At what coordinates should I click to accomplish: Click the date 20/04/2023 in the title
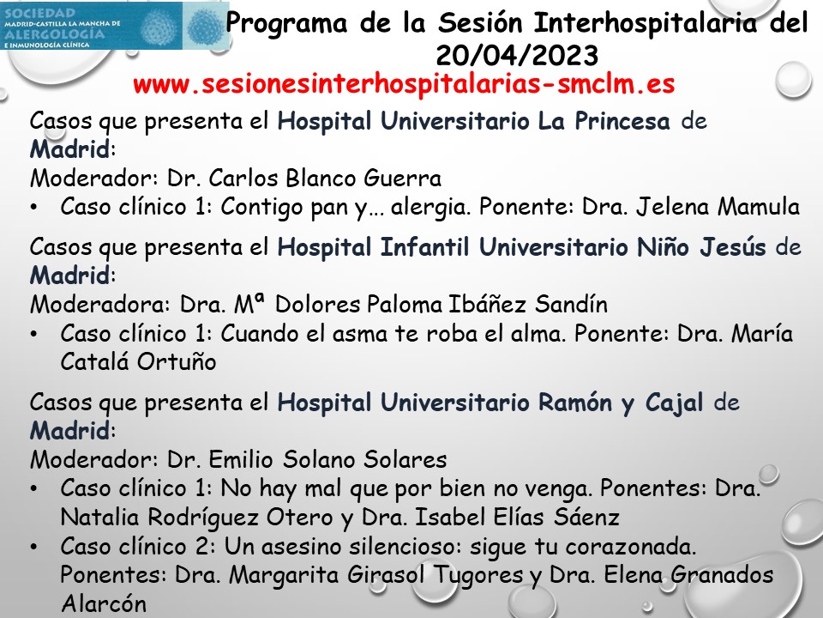point(517,55)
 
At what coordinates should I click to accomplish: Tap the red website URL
point(405,85)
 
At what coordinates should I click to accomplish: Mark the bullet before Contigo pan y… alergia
point(35,208)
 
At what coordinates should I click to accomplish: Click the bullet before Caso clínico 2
point(35,547)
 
